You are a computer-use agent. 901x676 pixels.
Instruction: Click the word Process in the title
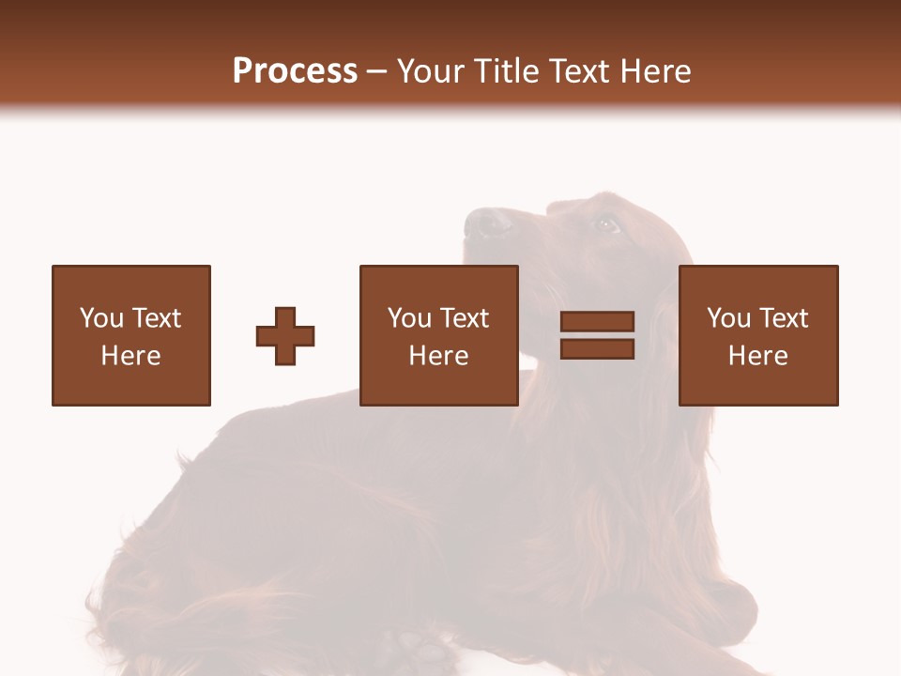point(295,70)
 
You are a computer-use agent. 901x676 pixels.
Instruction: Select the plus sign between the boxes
point(285,336)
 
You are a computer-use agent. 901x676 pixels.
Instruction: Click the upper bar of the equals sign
point(597,322)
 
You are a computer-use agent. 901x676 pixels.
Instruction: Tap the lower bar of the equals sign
point(597,349)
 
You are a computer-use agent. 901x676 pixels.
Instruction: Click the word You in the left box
point(101,318)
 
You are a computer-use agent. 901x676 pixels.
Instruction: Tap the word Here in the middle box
point(439,356)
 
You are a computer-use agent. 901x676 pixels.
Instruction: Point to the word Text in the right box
point(783,318)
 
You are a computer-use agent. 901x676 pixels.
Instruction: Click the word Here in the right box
point(758,356)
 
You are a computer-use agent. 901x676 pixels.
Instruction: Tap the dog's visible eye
point(606,224)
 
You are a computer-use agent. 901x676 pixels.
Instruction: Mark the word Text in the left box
point(156,318)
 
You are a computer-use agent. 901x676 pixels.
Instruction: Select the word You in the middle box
point(409,318)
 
